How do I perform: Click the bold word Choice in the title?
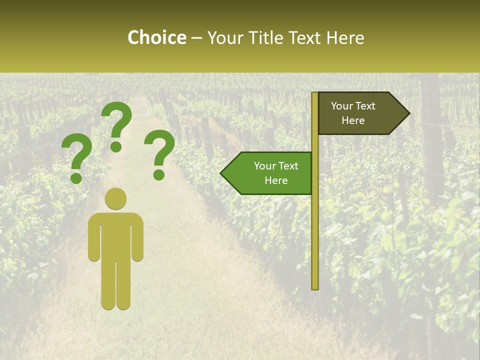(x=156, y=37)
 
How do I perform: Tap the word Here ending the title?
(x=345, y=37)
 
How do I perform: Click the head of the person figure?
(x=115, y=198)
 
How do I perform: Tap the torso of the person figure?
(x=115, y=235)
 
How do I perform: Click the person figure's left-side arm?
(x=93, y=237)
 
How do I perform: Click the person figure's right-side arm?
(x=138, y=237)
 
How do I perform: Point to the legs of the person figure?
(x=115, y=285)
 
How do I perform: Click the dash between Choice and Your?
(x=196, y=38)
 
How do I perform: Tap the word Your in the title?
(x=225, y=37)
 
